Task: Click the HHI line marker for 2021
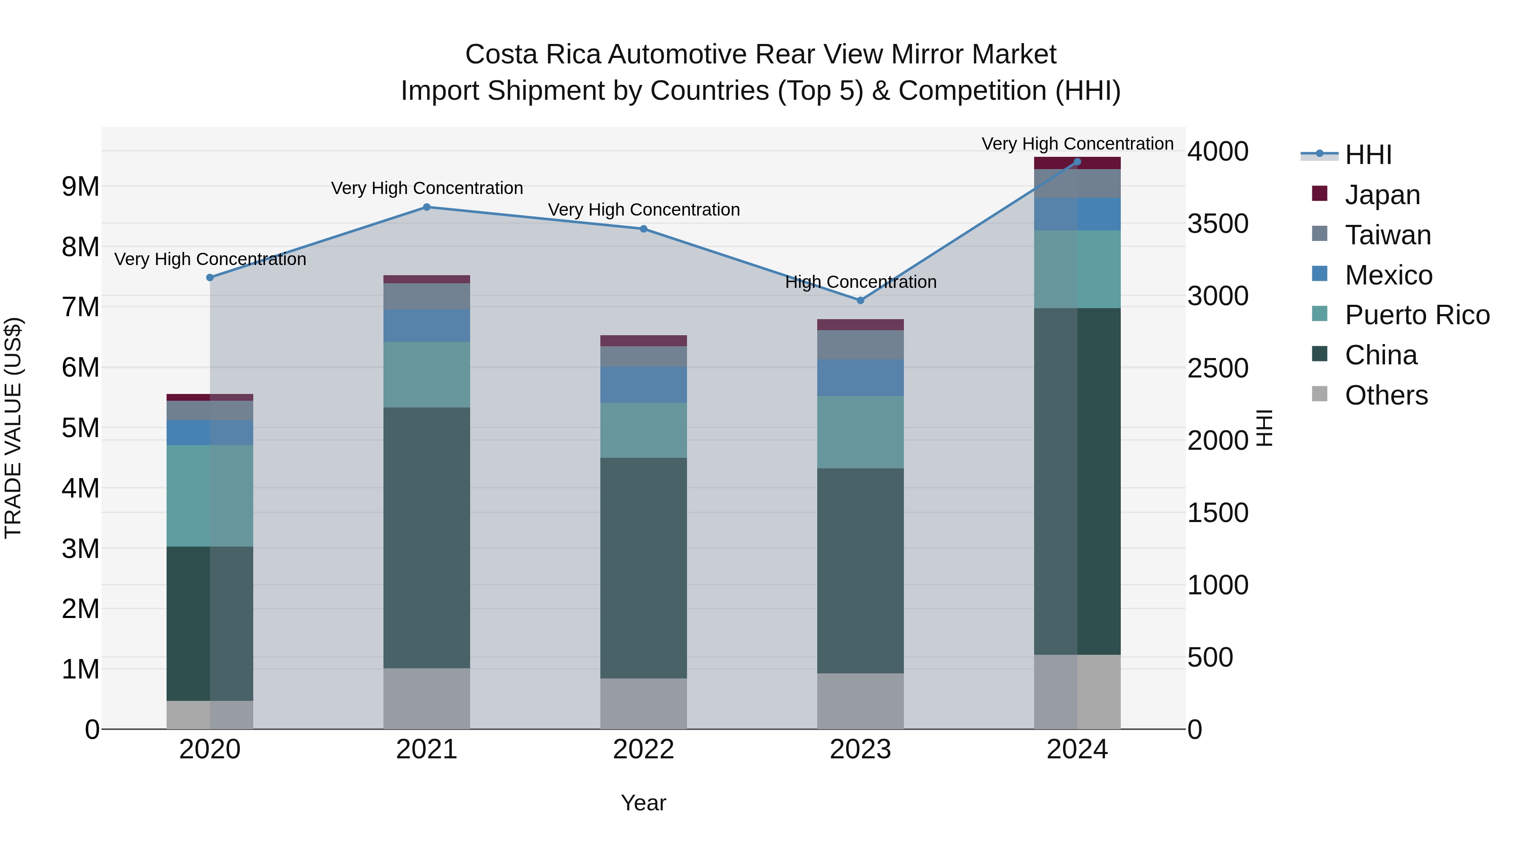[x=427, y=208]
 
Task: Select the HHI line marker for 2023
[x=860, y=301]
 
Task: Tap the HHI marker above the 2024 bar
[x=1077, y=162]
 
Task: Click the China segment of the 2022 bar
[x=643, y=568]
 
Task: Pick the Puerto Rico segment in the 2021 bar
[x=427, y=375]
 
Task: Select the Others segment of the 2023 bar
[x=860, y=701]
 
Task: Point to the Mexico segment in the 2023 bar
[x=860, y=378]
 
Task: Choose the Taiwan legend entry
[x=1387, y=235]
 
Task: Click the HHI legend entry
[x=1367, y=155]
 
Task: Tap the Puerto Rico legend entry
[x=1416, y=315]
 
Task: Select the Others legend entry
[x=1385, y=395]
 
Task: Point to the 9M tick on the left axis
[x=80, y=187]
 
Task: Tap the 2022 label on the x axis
[x=643, y=749]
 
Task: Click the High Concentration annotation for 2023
[x=860, y=282]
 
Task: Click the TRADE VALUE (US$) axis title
[x=13, y=428]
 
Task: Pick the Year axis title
[x=643, y=803]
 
